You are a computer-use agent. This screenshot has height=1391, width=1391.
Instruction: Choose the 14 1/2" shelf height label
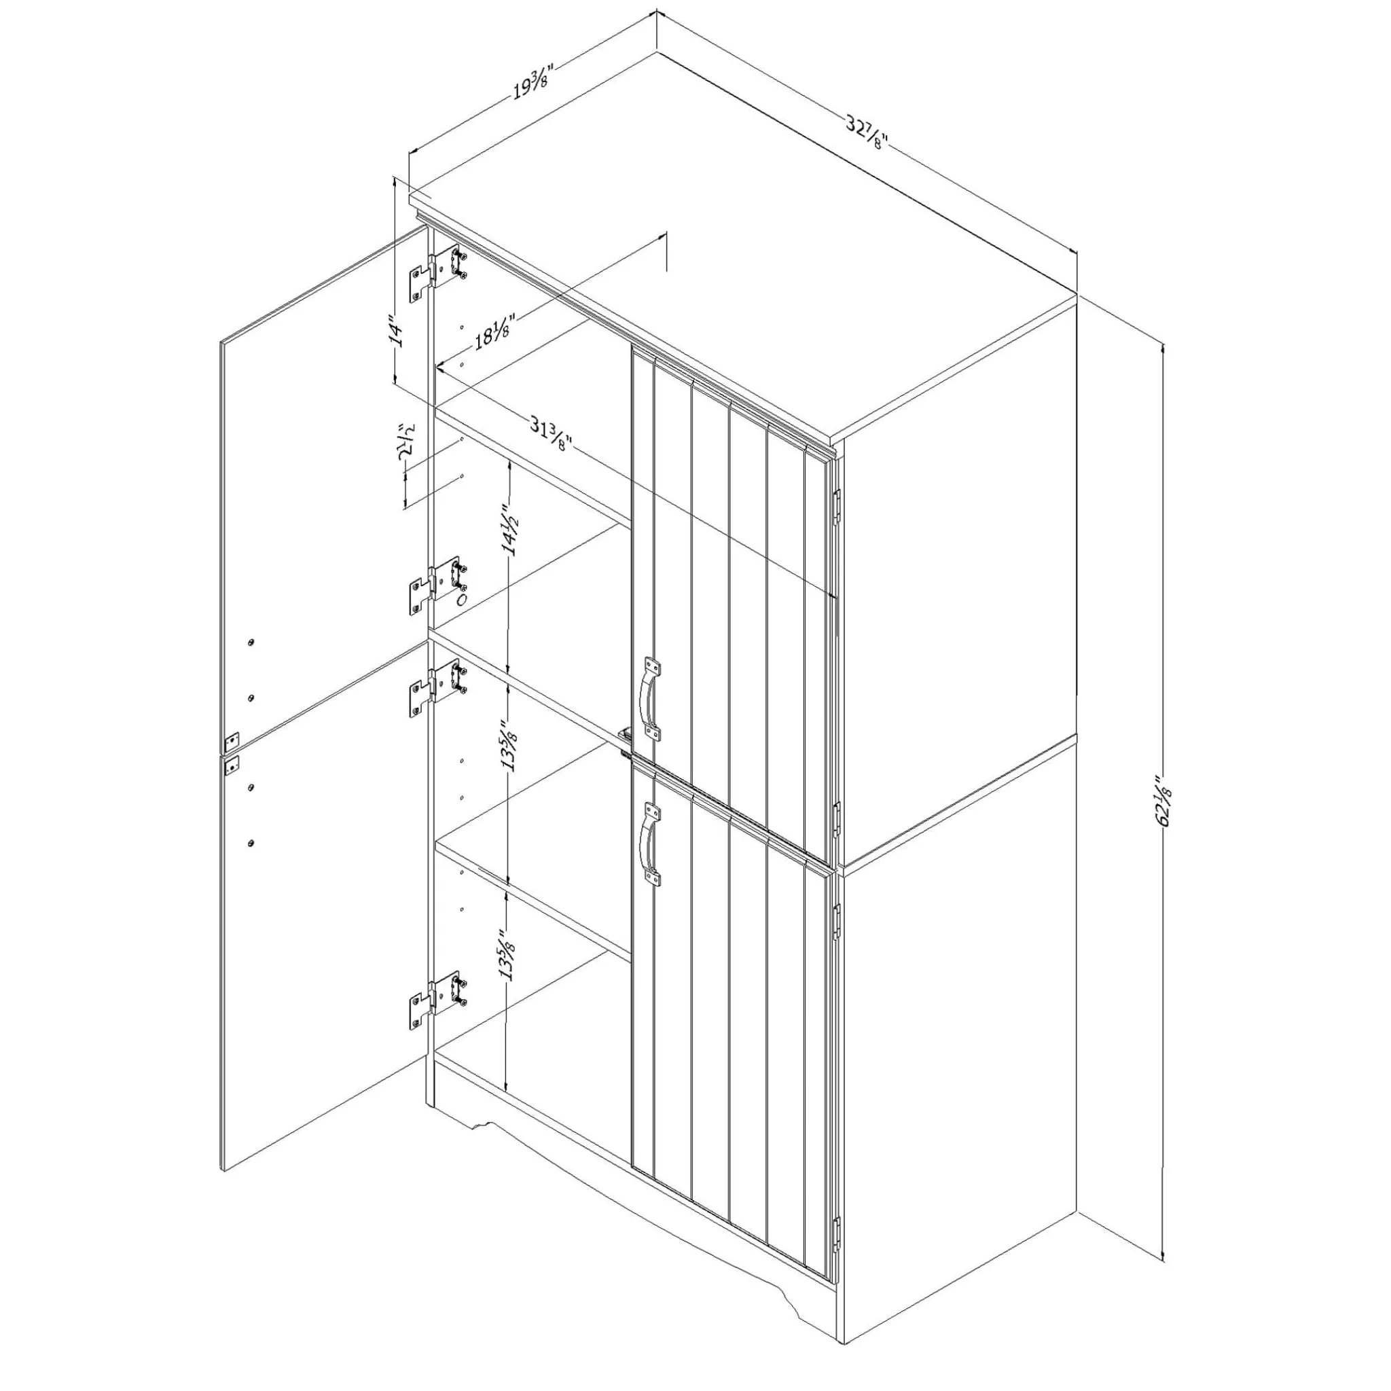tap(512, 529)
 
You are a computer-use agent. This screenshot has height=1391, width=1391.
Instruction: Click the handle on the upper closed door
tap(649, 698)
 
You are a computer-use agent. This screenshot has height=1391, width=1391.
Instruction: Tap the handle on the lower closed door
tap(649, 843)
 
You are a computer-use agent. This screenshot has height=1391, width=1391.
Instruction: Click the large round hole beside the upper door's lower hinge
tap(463, 599)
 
